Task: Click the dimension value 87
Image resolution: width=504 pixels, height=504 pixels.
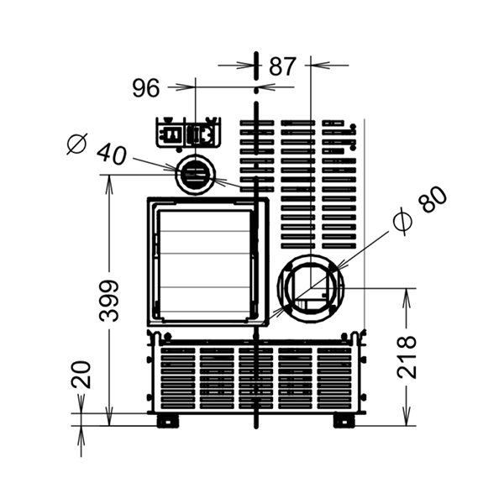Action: (282, 66)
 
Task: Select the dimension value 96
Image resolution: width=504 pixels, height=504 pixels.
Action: (146, 88)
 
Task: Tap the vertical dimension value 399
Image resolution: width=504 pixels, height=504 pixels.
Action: (109, 301)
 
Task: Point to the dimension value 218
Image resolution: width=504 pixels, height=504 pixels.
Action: (407, 357)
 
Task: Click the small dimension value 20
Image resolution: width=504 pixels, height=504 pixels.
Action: (81, 375)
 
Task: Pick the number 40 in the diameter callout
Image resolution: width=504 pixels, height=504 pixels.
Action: (113, 155)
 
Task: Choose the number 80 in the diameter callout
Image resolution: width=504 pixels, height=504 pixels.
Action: (433, 199)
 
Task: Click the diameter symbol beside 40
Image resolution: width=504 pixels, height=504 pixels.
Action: (77, 144)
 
